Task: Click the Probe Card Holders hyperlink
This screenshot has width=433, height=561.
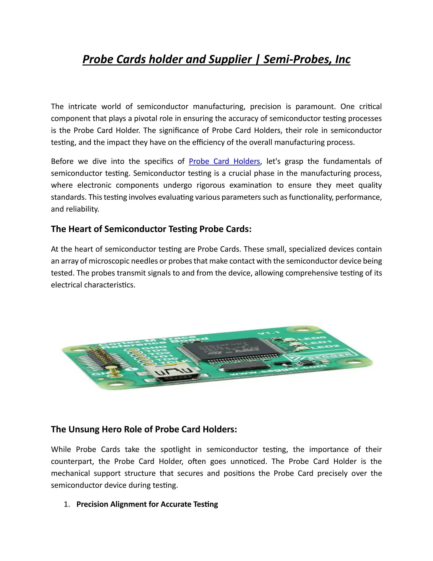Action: (225, 161)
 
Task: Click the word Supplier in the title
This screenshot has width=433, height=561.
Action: (230, 59)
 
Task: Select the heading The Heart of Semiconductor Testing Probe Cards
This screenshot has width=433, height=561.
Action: (151, 229)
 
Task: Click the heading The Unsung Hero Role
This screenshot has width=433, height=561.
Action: (144, 429)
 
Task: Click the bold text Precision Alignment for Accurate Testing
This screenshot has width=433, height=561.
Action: (147, 504)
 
